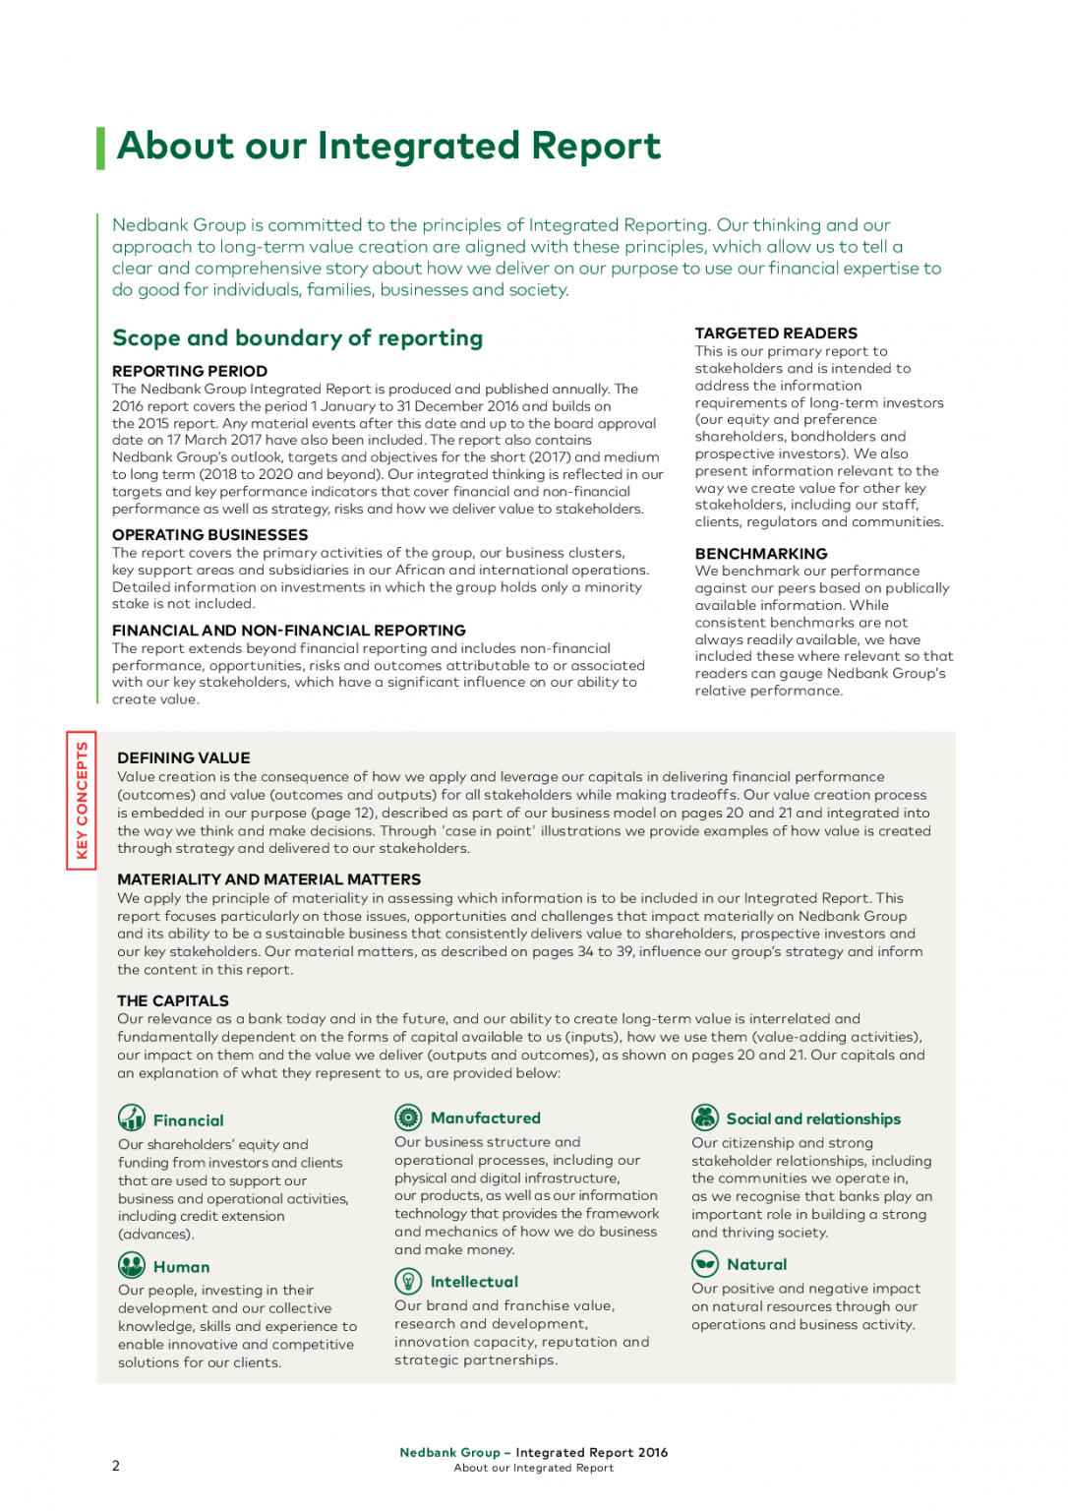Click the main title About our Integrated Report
[388, 147]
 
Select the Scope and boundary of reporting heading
[297, 338]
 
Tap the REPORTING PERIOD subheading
[190, 371]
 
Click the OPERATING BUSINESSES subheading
[209, 535]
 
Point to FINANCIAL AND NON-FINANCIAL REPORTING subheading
[288, 631]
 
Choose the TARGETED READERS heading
[776, 333]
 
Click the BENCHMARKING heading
[761, 554]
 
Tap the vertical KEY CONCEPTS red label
[82, 801]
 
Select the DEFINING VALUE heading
[183, 758]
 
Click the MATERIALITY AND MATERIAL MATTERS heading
[268, 879]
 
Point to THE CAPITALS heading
[172, 1001]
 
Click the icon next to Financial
[132, 1118]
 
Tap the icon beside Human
[132, 1265]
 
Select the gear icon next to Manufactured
[408, 1118]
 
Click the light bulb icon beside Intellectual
[408, 1281]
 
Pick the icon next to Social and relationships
[705, 1118]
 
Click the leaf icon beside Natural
[705, 1264]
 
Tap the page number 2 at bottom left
[116, 1466]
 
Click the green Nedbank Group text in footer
[449, 1453]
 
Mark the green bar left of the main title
[100, 148]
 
